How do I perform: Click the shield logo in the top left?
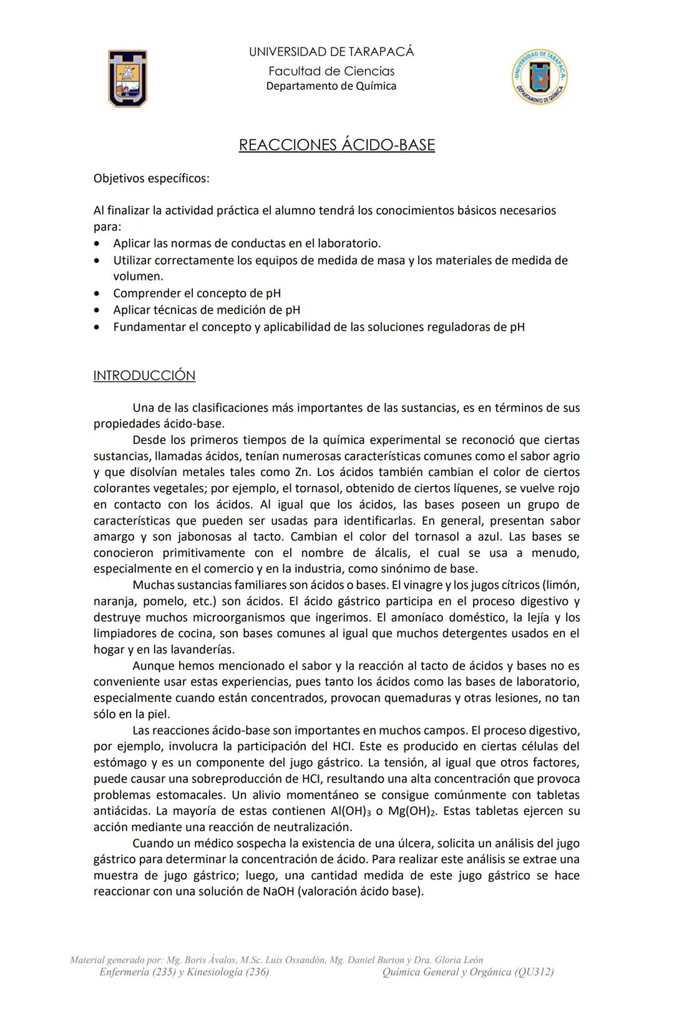128,79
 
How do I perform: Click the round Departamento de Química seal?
539,77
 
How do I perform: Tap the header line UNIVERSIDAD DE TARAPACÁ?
331,52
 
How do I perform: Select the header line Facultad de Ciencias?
331,71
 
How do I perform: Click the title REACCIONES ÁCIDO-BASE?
336,145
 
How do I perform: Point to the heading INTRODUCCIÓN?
144,375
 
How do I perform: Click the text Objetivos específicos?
151,179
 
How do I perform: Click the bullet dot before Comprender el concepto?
96,294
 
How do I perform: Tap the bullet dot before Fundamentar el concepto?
96,327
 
